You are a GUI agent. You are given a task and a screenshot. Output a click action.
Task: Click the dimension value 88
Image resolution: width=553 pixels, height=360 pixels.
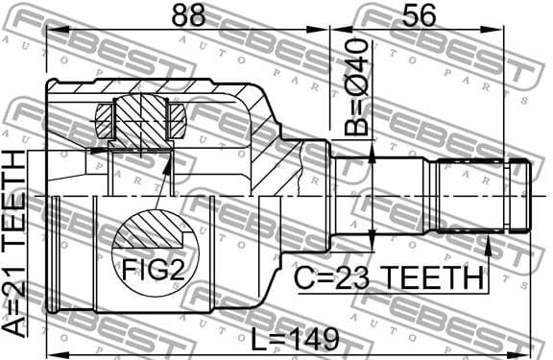pyautogui.click(x=188, y=16)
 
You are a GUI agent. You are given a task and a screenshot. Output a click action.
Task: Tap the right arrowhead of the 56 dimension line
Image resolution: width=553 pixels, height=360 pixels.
pyautogui.click(x=502, y=30)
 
